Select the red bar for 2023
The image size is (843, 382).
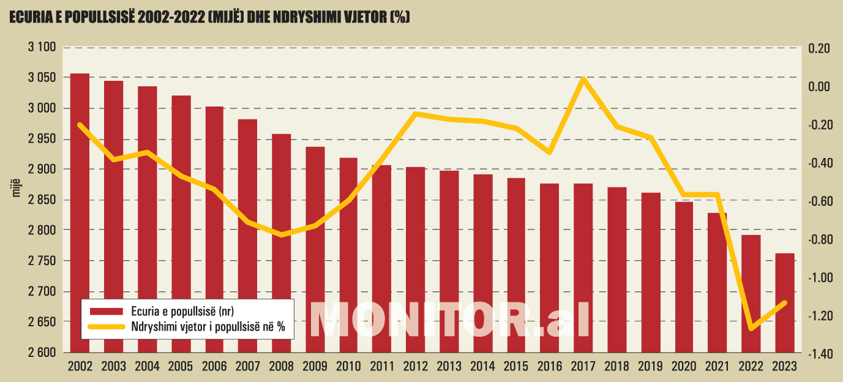pos(784,303)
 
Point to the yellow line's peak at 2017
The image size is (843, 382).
pos(583,78)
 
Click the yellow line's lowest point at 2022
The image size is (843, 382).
pos(751,329)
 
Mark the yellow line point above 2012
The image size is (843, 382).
pos(416,113)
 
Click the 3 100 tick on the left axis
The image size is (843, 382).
pos(42,48)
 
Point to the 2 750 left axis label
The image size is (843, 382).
pos(42,261)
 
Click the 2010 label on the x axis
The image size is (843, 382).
pos(348,367)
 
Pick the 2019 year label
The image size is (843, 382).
pos(650,367)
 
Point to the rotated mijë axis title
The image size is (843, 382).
pos(17,186)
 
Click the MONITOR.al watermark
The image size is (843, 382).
pos(450,319)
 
